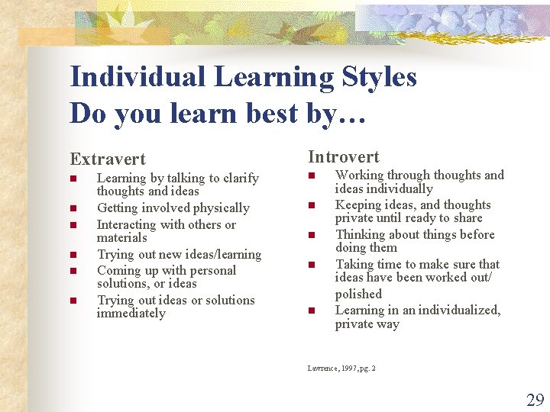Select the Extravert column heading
click(108, 159)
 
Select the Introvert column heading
click(343, 157)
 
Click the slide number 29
click(535, 400)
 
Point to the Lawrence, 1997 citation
click(341, 369)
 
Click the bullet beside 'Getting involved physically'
click(73, 208)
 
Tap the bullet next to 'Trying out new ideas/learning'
click(73, 255)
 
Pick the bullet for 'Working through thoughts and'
click(312, 175)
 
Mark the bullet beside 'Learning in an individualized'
click(312, 311)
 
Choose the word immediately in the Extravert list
click(131, 314)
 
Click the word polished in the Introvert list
click(358, 295)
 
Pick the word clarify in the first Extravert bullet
click(239, 179)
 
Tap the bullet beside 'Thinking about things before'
click(312, 235)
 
